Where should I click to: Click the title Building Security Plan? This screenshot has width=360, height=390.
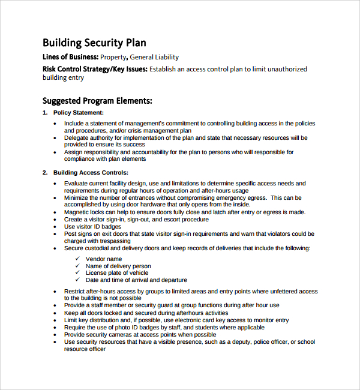(94, 43)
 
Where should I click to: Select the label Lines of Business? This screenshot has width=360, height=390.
(70, 58)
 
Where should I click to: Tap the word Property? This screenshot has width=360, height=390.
(113, 58)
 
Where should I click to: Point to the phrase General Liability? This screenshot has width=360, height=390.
(154, 58)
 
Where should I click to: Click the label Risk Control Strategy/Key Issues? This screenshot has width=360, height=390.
(94, 69)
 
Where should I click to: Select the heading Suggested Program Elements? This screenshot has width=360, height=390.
(97, 101)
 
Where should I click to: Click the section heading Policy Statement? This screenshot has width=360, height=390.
(78, 113)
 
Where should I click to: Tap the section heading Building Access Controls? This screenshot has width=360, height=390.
(91, 173)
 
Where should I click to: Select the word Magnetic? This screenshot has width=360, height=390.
(78, 212)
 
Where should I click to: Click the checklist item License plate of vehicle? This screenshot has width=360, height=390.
(118, 273)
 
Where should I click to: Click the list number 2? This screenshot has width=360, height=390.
(44, 173)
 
